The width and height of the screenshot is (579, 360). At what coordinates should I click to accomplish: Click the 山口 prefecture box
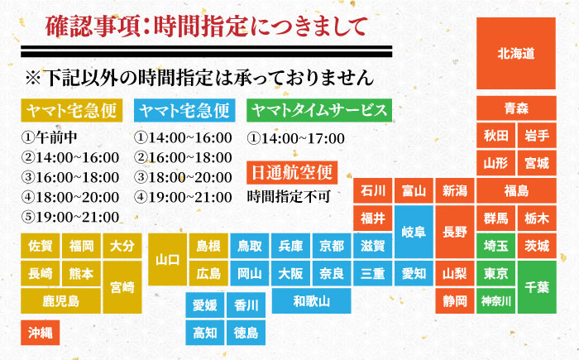[x=168, y=259]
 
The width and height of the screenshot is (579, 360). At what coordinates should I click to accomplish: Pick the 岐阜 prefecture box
[x=414, y=231]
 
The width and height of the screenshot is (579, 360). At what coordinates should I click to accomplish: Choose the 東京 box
[x=496, y=273]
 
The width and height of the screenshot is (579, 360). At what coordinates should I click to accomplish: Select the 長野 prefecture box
[x=455, y=231]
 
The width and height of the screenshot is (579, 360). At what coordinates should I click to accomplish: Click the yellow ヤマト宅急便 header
[x=74, y=110]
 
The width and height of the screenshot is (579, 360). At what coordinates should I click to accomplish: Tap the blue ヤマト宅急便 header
[x=185, y=110]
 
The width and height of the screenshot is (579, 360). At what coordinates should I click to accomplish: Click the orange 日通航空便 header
[x=292, y=171]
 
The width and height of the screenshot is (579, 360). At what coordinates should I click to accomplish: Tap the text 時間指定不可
[x=288, y=197]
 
